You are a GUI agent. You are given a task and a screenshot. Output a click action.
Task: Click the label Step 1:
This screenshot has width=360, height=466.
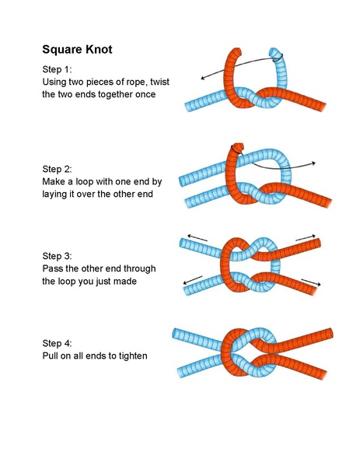[x=59, y=68]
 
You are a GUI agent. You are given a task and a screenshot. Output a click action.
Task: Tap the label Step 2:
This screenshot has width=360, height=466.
[x=59, y=168]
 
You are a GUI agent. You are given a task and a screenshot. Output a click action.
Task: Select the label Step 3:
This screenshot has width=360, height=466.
[x=59, y=256]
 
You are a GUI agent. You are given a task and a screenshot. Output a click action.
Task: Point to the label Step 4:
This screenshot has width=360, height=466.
[x=59, y=343]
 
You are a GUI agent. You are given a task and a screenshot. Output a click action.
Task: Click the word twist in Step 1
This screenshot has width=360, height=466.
[x=163, y=81]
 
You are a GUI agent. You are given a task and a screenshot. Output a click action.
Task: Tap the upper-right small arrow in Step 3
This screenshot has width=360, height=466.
[x=313, y=234]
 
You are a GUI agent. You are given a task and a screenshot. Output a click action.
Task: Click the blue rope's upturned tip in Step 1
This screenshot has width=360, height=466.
[x=275, y=54]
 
